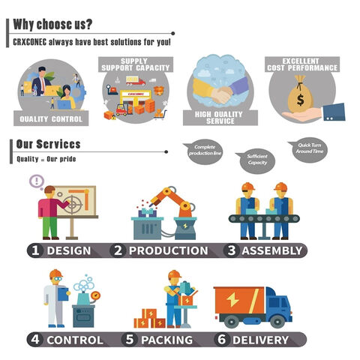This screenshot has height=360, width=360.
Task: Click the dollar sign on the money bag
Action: [300, 100]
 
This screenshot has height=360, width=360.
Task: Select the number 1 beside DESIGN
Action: [35, 250]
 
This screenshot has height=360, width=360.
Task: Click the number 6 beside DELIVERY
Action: [222, 340]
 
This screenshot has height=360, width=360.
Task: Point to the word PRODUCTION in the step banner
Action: [169, 250]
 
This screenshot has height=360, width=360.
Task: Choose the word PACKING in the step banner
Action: [166, 340]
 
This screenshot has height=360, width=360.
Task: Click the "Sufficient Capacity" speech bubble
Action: [256, 160]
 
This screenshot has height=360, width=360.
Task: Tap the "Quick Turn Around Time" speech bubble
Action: [309, 149]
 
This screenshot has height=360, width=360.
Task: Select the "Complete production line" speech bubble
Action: [203, 151]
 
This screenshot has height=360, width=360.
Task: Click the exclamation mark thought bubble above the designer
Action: [37, 181]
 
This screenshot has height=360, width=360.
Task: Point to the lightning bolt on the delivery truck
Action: [232, 300]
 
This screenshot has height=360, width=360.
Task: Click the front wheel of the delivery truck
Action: [277, 321]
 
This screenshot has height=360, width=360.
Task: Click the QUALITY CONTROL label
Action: [51, 118]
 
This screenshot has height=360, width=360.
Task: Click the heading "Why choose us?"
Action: [52, 25]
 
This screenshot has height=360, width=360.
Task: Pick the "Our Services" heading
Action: [48, 144]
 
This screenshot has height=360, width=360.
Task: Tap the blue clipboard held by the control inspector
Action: [63, 294]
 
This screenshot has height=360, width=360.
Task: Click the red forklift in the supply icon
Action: [122, 109]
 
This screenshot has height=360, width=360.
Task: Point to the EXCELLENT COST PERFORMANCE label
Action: [302, 64]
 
